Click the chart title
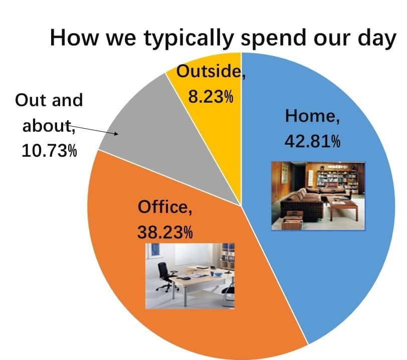(223, 38)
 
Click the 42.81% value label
(312, 142)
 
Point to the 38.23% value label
(165, 232)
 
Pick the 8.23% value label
(211, 97)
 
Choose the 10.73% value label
(49, 151)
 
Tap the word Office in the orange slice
(163, 207)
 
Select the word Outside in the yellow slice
(209, 71)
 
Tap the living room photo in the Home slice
(318, 196)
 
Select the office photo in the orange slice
(190, 276)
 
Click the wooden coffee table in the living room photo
(342, 206)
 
